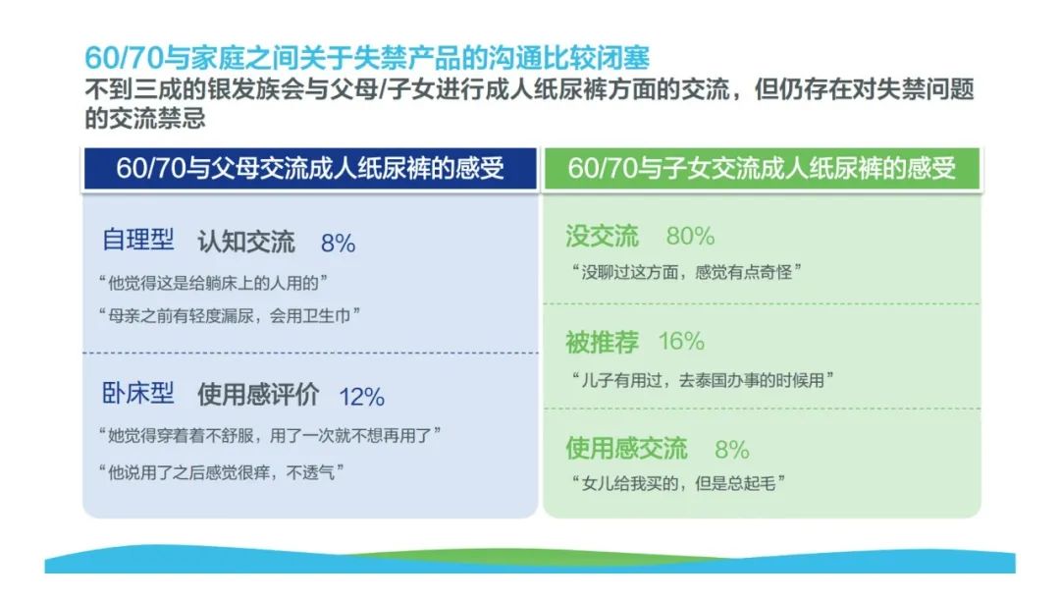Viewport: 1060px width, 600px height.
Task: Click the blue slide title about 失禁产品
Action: click(367, 58)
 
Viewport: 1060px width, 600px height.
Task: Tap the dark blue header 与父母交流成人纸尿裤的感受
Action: click(310, 169)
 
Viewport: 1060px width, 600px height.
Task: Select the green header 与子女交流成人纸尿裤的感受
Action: click(762, 169)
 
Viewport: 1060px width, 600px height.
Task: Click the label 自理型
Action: click(138, 241)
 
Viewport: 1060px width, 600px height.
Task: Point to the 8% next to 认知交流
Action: click(338, 243)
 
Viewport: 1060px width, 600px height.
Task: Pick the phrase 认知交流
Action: click(246, 242)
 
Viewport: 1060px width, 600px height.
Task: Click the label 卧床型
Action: click(138, 393)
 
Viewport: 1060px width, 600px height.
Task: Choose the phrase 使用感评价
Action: click(258, 395)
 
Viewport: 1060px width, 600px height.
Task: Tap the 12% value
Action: click(361, 397)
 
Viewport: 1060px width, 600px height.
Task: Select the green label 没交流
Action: click(603, 236)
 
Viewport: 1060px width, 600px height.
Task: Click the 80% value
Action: click(690, 236)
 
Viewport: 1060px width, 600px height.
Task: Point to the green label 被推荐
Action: click(603, 342)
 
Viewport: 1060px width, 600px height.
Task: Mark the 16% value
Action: click(681, 341)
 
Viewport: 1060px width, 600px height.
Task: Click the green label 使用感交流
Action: click(626, 448)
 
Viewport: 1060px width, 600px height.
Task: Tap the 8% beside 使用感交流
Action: click(732, 449)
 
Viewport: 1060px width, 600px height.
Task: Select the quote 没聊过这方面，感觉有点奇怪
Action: click(686, 273)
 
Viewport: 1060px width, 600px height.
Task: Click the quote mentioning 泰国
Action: click(703, 380)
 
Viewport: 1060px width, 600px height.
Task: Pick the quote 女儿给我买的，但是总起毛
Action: click(678, 483)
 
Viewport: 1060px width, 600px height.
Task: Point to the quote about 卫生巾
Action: click(229, 315)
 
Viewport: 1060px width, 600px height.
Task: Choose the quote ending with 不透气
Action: click(221, 471)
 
